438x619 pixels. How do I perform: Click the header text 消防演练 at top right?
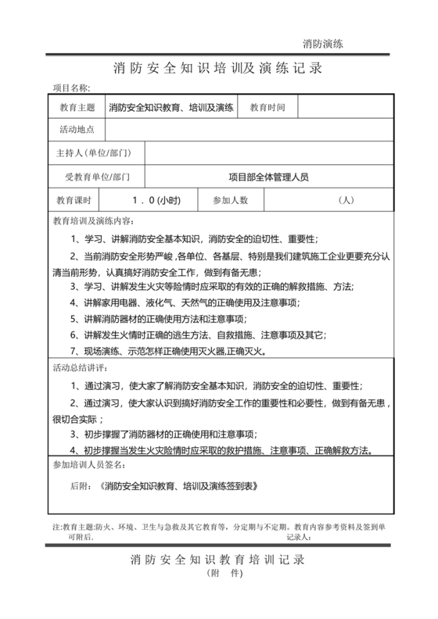pos(323,43)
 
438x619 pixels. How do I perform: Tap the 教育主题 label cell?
pos(77,107)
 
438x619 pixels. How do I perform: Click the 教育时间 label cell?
pos(267,107)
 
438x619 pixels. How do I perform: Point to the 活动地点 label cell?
pos(77,130)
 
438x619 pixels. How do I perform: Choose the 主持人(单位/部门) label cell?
pos(95,153)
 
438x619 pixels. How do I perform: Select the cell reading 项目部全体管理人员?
pos(268,177)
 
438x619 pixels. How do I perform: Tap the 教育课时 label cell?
pos(76,200)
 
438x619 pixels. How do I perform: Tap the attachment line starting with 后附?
pos(163,485)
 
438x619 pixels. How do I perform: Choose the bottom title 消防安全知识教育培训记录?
pos(218,560)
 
